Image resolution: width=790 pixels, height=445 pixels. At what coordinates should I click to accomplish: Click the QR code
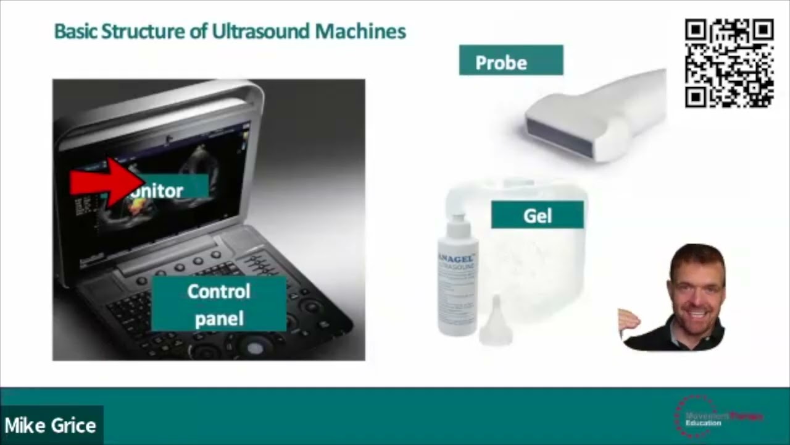[729, 64]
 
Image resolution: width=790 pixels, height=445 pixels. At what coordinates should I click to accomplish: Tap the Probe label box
[510, 61]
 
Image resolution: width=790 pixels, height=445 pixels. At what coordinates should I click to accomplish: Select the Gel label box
[537, 214]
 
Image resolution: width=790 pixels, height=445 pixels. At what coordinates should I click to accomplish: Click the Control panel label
[218, 303]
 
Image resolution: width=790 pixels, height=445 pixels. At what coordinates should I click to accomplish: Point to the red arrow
[106, 182]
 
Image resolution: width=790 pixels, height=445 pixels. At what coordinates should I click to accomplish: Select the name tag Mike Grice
[51, 425]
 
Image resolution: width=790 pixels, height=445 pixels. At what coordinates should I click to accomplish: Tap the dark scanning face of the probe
[559, 136]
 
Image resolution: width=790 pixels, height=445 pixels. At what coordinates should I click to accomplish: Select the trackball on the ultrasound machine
[255, 347]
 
